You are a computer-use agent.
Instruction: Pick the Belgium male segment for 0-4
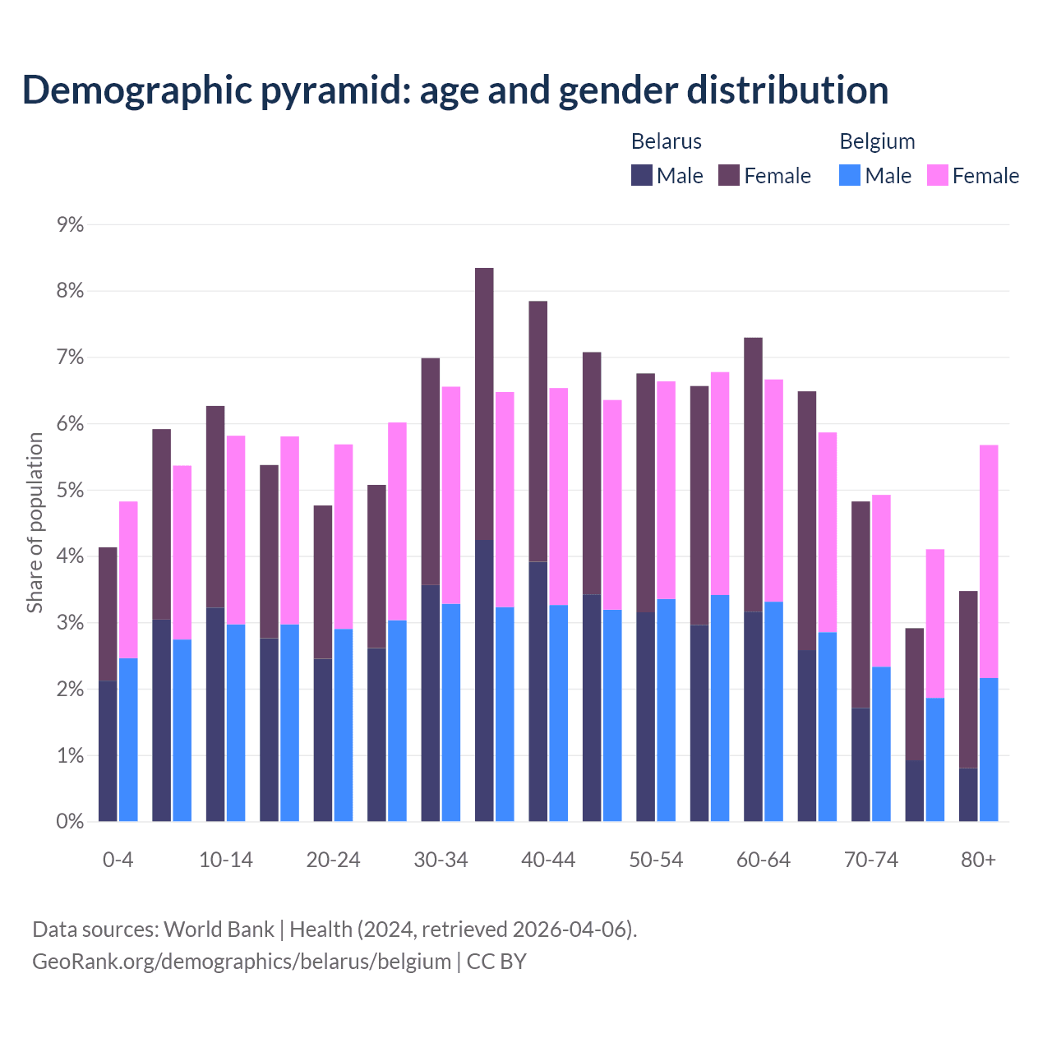coord(128,740)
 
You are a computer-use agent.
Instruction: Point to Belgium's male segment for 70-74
coord(881,744)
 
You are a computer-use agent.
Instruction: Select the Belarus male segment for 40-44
coord(538,691)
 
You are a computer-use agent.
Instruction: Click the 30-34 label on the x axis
coord(441,861)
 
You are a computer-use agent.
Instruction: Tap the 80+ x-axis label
coord(978,861)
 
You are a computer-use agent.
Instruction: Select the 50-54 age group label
coord(656,861)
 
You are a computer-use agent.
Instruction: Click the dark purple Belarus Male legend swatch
coord(642,175)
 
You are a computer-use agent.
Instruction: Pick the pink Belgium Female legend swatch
coord(938,175)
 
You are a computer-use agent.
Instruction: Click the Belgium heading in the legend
coord(877,141)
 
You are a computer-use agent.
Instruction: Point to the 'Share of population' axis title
coord(35,523)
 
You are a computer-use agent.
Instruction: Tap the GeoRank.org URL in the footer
coord(242,961)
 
